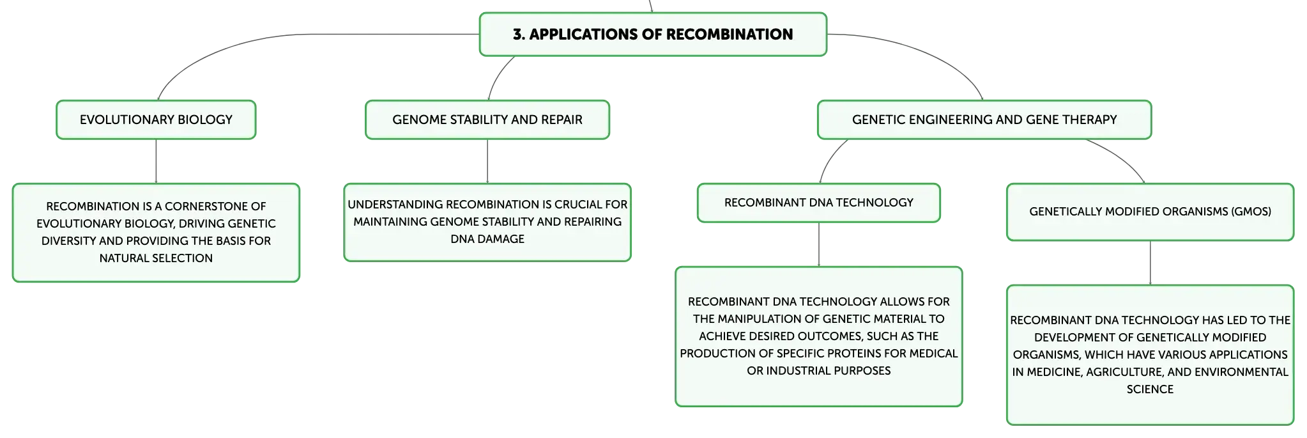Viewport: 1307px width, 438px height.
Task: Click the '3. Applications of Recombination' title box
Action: click(x=653, y=35)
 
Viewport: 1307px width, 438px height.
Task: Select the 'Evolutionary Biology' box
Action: click(x=156, y=120)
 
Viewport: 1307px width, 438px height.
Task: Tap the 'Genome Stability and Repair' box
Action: click(x=487, y=120)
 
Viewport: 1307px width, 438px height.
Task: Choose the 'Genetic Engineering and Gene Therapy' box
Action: click(x=984, y=120)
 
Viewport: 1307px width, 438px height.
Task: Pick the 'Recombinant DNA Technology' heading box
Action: click(x=818, y=203)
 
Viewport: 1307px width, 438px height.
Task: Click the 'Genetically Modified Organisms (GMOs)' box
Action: click(x=1150, y=212)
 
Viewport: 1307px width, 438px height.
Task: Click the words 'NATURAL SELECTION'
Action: click(x=156, y=258)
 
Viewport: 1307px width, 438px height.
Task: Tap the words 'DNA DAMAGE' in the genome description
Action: click(x=487, y=239)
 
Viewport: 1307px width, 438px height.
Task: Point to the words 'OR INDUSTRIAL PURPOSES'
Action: click(x=818, y=371)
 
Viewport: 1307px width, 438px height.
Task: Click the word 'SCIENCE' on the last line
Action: click(x=1150, y=389)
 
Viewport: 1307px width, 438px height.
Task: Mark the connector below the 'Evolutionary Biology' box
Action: click(x=156, y=161)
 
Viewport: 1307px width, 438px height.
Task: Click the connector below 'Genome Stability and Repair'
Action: click(x=487, y=161)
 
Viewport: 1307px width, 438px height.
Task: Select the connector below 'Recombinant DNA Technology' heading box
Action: click(x=820, y=244)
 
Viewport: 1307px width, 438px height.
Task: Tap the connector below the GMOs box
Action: click(x=1151, y=262)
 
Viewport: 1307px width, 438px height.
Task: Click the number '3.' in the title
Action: click(x=519, y=35)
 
